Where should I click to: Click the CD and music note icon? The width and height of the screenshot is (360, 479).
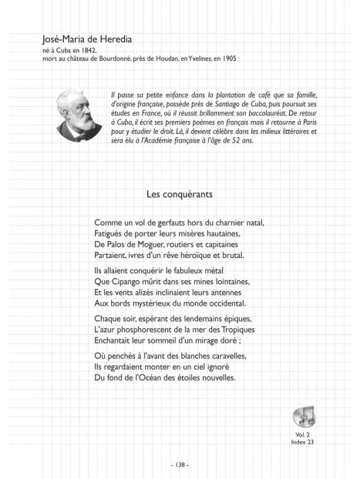305,417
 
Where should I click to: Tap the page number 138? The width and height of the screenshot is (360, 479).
179,464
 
